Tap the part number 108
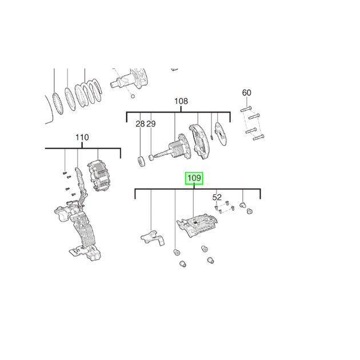coord(181,102)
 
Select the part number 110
coord(82,138)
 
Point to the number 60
coord(246,93)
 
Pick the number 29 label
coord(151,124)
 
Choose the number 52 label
coord(217,197)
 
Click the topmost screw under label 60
coord(246,108)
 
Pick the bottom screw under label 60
coord(258,137)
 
